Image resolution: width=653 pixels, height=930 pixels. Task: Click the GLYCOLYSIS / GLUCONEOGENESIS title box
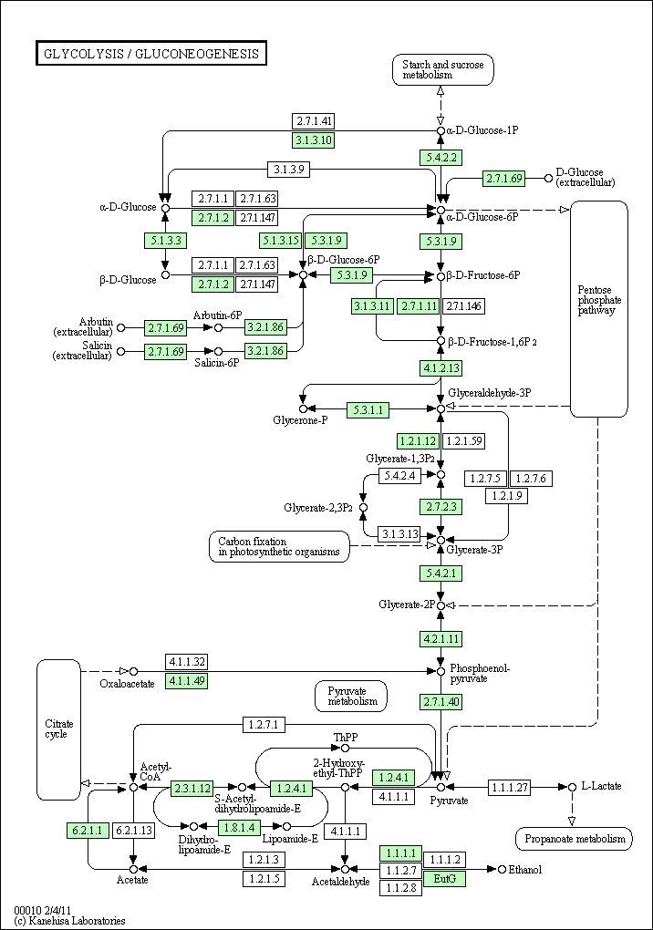tap(150, 54)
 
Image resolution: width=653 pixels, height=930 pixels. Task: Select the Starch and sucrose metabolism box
tap(443, 70)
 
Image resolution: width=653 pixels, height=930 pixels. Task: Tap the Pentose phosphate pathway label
tap(599, 299)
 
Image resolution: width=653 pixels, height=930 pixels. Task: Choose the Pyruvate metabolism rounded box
tap(351, 696)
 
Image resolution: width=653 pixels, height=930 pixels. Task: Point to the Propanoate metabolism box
tap(573, 839)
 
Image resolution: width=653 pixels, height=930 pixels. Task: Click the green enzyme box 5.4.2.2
tap(441, 157)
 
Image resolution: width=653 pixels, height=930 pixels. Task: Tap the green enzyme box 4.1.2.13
tap(441, 368)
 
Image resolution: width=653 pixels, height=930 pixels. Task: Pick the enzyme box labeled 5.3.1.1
tap(368, 409)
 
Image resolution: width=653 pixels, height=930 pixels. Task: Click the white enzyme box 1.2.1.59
tap(465, 441)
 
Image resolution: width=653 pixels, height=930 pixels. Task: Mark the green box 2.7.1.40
tap(441, 701)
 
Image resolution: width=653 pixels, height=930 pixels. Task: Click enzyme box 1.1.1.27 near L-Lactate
tap(509, 787)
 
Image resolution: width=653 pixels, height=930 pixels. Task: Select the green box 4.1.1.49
tap(186, 681)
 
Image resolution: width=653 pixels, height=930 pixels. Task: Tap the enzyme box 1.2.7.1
tap(265, 725)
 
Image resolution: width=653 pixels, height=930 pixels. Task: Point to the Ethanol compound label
tap(524, 870)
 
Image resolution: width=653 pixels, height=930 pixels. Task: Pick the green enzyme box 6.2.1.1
tap(87, 831)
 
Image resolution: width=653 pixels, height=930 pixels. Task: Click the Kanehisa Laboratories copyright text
tap(70, 921)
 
